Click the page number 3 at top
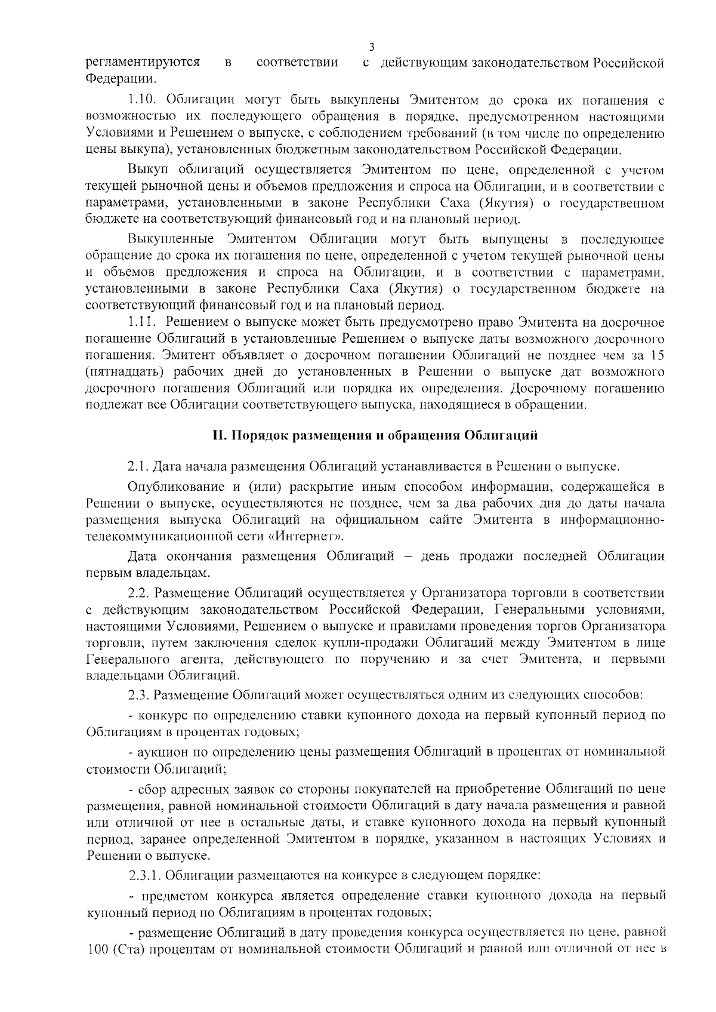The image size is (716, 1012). pyautogui.click(x=372, y=47)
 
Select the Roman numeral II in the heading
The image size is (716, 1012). pyautogui.click(x=219, y=436)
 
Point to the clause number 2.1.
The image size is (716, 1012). pyautogui.click(x=140, y=466)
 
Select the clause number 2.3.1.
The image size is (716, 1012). pyautogui.click(x=144, y=876)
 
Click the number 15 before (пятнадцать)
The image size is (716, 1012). pyautogui.click(x=657, y=355)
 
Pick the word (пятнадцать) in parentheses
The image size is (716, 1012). pyautogui.click(x=122, y=372)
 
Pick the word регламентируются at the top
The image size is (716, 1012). pyautogui.click(x=143, y=62)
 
